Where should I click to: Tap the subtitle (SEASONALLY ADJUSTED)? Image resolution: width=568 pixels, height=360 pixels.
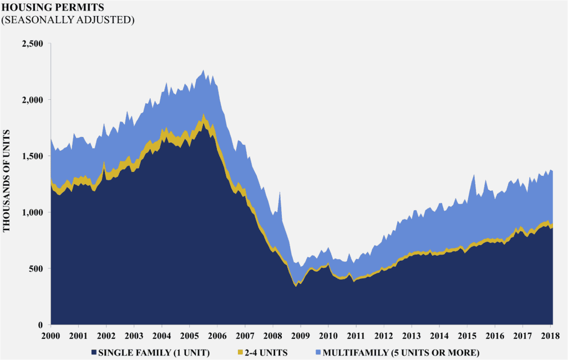(x=69, y=19)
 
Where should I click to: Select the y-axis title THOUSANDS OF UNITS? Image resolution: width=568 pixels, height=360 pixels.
(x=8, y=183)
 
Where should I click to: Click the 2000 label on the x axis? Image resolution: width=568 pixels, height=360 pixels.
(x=50, y=336)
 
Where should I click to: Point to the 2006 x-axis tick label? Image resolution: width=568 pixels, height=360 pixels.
(x=217, y=336)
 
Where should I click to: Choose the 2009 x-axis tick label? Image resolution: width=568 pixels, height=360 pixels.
(x=300, y=336)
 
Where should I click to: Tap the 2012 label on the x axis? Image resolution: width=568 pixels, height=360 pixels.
(x=383, y=336)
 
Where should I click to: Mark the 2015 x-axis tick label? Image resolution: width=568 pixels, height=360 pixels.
(x=467, y=336)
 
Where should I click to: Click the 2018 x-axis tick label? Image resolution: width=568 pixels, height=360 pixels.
(x=550, y=336)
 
